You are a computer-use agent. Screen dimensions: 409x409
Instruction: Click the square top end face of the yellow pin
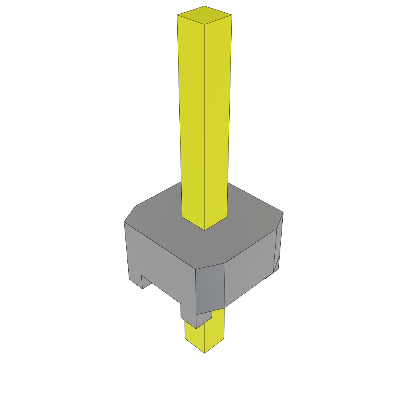204,15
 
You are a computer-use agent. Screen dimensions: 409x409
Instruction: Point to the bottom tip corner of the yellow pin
205,353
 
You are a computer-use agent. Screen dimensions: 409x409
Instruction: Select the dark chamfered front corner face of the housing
210,289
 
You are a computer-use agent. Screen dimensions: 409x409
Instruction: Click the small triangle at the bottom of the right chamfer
276,265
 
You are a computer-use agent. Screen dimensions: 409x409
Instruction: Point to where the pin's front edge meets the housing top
205,230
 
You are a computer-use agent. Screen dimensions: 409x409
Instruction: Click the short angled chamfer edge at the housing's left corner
130,214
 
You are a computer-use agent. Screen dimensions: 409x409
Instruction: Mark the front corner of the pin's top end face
204,24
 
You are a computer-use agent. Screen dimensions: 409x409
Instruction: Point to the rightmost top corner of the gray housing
283,212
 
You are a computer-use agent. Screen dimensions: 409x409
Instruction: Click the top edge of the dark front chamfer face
210,266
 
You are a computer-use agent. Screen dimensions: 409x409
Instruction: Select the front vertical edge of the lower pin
204,338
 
